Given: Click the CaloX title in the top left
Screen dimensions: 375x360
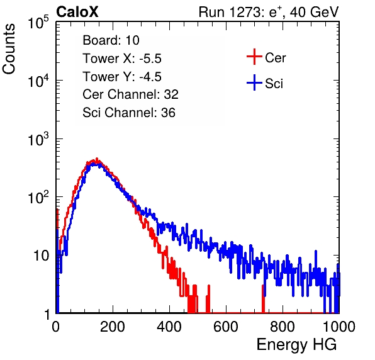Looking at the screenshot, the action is tap(77, 12).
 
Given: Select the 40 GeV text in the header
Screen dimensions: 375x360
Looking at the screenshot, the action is tap(315, 12).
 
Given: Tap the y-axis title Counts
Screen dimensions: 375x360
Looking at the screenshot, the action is tap(9, 49).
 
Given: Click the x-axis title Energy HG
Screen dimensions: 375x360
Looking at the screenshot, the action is tap(296, 345).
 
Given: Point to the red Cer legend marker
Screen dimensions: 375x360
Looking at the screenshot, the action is tap(254, 57).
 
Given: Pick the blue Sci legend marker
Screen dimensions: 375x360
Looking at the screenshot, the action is tap(254, 83).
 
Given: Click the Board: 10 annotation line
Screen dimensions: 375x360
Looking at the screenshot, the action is tap(111, 40).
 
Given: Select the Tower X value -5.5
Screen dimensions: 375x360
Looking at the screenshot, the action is tap(150, 59).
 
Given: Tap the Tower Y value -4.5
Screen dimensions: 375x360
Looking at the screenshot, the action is tap(150, 77).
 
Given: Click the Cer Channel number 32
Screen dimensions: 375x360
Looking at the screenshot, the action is tap(171, 94).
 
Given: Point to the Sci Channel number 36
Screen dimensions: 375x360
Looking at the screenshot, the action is tap(169, 113).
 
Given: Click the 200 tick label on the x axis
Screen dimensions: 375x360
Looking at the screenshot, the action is tap(113, 326).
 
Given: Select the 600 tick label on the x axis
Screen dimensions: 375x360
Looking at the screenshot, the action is tap(226, 326).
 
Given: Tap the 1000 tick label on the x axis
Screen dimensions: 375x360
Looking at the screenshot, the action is tap(339, 326).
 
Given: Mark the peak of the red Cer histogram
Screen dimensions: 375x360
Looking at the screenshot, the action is tap(97, 159).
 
